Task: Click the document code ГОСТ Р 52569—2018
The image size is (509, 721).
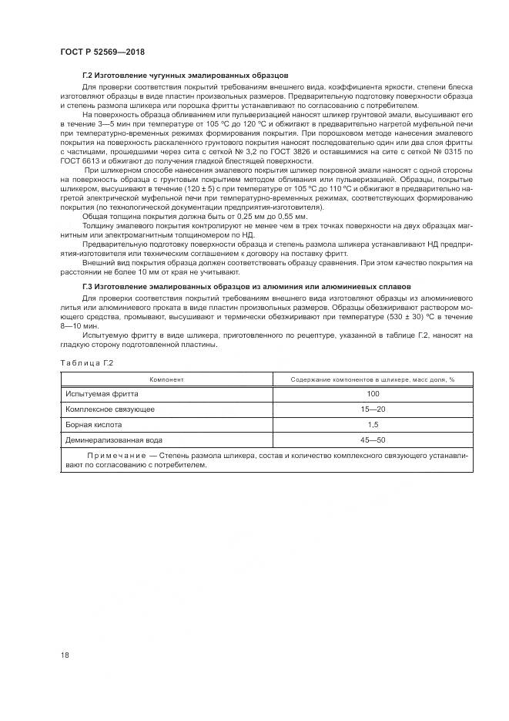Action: coord(102,52)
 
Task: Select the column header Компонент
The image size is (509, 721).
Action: coord(166,379)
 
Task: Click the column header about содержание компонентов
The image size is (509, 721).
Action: coord(373,379)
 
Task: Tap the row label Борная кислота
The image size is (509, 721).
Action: coord(94,424)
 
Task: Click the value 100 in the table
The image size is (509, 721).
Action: coord(373,393)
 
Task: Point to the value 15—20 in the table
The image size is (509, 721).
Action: coord(373,409)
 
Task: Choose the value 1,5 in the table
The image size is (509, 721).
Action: coord(373,424)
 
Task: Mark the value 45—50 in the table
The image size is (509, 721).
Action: coord(373,440)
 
